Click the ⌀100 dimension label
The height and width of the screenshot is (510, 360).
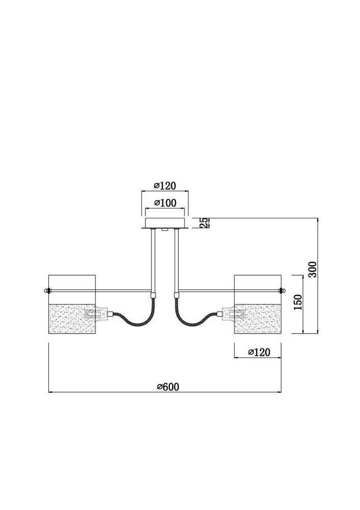pos(164,203)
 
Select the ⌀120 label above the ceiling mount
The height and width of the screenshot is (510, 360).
pos(164,186)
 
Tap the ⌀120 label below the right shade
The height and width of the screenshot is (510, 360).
pos(258,352)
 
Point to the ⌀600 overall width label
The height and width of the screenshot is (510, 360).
pos(168,387)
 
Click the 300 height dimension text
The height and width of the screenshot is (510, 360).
pos(313,269)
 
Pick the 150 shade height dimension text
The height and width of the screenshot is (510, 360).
pos(299,302)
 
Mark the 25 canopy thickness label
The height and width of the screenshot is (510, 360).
pos(202,222)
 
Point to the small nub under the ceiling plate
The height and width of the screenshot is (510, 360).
pos(164,231)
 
